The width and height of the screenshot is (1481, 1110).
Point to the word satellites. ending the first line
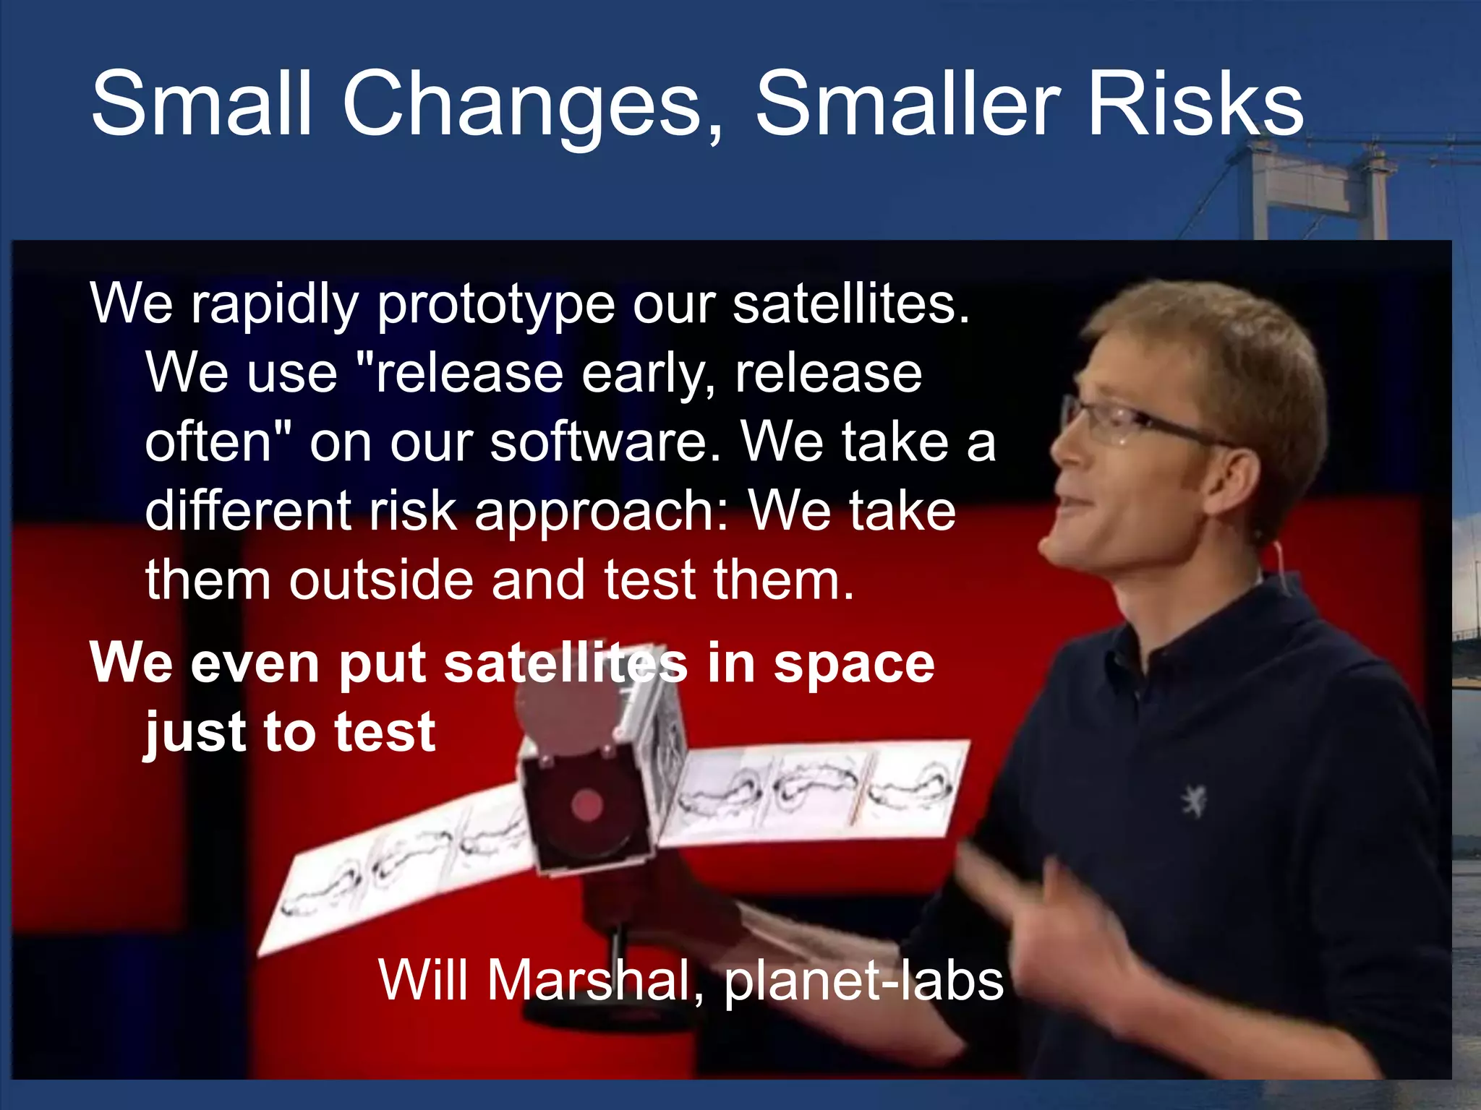[850, 304]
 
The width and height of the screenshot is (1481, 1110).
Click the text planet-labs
[863, 981]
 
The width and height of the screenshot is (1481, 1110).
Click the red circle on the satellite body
[587, 805]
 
